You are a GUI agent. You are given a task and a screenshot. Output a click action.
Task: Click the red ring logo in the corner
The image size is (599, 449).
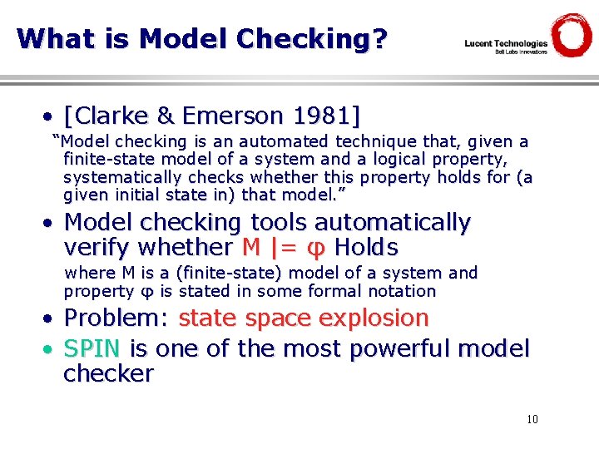[x=572, y=35]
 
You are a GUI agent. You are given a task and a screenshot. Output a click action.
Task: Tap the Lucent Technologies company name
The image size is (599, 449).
[x=506, y=43]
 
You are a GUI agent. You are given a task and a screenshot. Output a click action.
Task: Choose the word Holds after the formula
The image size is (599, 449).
[x=366, y=247]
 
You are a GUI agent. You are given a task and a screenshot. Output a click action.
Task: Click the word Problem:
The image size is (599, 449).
[x=116, y=318]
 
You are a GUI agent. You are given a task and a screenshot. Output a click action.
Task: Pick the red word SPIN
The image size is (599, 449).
[x=92, y=348]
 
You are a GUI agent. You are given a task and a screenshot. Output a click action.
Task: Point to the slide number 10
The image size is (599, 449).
[x=532, y=419]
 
